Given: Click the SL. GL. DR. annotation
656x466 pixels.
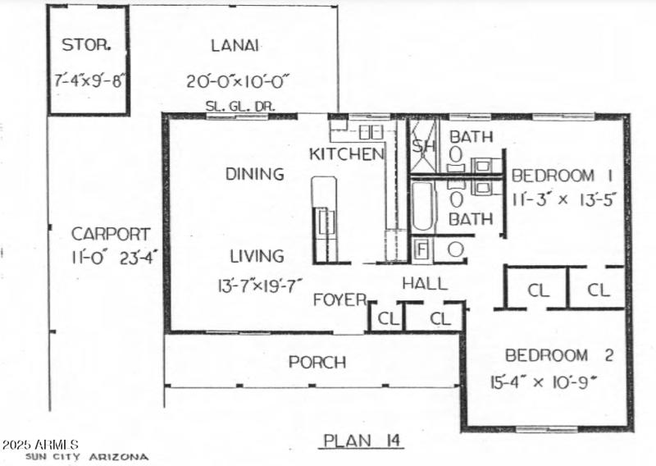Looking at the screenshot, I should (x=239, y=107).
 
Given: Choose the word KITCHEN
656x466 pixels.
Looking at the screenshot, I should (x=346, y=153).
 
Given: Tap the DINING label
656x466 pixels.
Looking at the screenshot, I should (x=255, y=174).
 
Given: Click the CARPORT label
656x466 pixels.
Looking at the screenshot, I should (x=110, y=233).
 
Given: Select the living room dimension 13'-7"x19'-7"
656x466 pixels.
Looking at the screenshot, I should (x=256, y=285).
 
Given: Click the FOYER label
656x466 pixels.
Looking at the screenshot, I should (x=339, y=300).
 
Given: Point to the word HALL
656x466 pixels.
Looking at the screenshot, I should (x=424, y=284).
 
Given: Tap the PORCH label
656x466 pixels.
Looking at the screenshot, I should (x=317, y=362).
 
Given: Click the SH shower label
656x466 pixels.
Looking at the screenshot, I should (x=423, y=146).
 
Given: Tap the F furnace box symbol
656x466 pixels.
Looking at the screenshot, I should (x=421, y=249).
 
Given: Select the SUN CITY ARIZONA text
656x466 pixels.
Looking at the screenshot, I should (x=88, y=457).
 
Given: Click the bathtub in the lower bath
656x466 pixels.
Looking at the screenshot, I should (x=422, y=206).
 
